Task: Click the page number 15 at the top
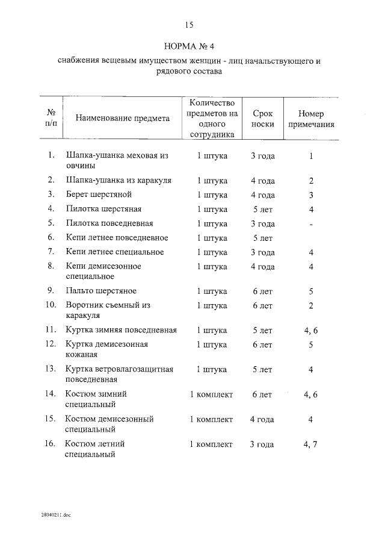(x=189, y=25)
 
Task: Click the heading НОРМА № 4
(x=189, y=47)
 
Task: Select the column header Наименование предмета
(x=123, y=119)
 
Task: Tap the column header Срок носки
(x=263, y=119)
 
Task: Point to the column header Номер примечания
(x=311, y=119)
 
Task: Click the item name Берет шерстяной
(x=99, y=195)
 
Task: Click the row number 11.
(x=51, y=330)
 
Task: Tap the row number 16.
(x=51, y=444)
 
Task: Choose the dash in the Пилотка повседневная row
(x=311, y=223)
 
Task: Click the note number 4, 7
(x=311, y=444)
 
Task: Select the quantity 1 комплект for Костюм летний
(x=211, y=444)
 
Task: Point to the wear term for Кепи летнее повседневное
(x=263, y=238)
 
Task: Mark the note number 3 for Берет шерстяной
(x=311, y=195)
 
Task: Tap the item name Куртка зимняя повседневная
(x=121, y=330)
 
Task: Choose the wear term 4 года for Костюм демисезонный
(x=263, y=419)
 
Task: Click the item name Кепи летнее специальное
(x=115, y=252)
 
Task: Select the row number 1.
(x=52, y=155)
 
